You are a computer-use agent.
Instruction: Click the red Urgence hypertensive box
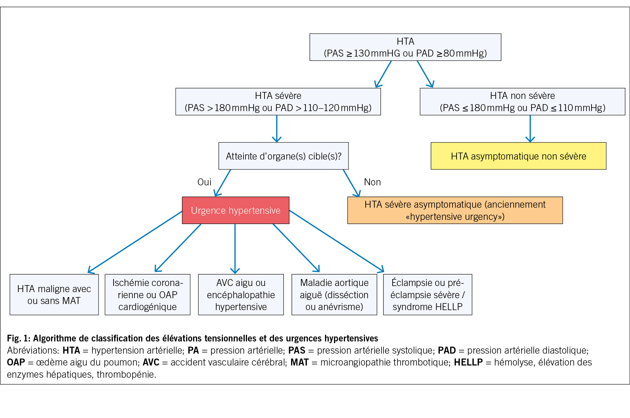tap(235, 210)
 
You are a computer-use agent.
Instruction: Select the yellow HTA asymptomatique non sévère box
tap(518, 156)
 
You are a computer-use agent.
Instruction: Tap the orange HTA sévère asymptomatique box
tap(455, 210)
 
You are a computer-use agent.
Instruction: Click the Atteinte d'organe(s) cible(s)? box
tap(283, 156)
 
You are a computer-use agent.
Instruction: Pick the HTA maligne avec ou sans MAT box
tap(54, 294)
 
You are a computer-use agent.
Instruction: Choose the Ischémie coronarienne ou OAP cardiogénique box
tap(148, 294)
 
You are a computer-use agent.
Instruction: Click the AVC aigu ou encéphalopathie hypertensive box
tap(241, 294)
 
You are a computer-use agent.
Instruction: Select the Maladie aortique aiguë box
tap(334, 294)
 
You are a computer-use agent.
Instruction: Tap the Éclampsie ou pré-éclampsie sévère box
tap(428, 294)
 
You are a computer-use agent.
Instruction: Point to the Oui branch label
tap(204, 182)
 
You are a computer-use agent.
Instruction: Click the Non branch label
tap(372, 182)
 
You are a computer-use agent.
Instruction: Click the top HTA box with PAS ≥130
tap(405, 47)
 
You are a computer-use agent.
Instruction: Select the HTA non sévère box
tap(522, 102)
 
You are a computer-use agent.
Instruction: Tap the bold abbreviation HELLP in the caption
tap(468, 362)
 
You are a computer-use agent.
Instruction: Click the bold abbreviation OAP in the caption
tap(16, 362)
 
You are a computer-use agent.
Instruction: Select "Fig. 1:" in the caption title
tap(19, 338)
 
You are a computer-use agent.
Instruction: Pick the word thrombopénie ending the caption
tap(126, 374)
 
